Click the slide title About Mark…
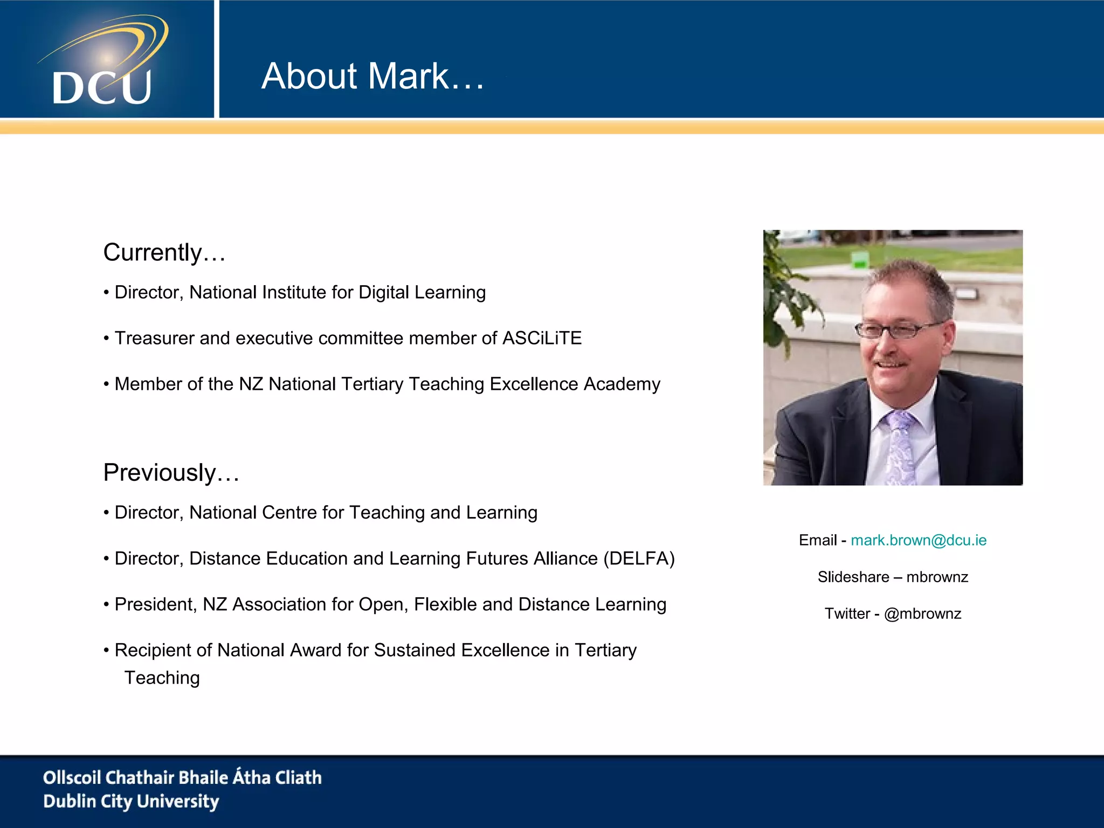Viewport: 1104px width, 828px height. coord(372,76)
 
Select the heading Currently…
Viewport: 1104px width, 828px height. coord(164,253)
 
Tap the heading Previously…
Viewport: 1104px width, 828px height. coord(171,473)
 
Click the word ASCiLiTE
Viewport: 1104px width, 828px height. coord(542,339)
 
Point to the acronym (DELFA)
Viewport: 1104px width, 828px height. coord(639,558)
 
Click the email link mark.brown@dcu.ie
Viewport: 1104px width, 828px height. coord(919,540)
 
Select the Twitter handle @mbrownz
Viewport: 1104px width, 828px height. coord(922,613)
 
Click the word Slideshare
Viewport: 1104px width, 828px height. coord(853,577)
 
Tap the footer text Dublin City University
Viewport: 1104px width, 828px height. coord(131,802)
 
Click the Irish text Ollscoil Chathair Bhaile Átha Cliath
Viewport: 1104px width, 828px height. coord(182,777)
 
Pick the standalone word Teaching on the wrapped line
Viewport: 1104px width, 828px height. coord(162,678)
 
